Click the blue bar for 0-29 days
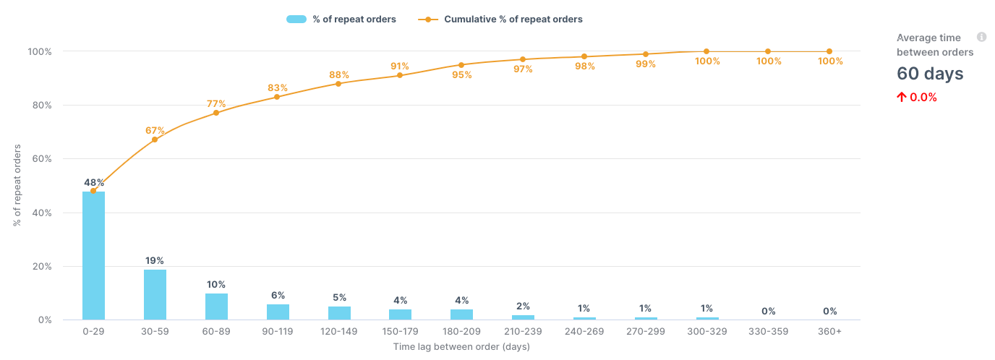point(93,255)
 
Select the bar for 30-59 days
point(155,294)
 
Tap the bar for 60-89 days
point(216,307)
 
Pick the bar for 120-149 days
point(339,313)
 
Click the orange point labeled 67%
point(155,140)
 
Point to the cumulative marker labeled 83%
point(277,97)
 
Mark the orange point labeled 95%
point(461,65)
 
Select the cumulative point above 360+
point(829,51)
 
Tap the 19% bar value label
point(155,260)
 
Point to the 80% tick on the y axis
point(60,106)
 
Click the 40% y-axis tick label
point(60,213)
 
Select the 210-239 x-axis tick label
point(523,331)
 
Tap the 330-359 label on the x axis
point(768,331)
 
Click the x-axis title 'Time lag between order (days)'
point(461,347)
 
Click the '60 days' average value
point(930,74)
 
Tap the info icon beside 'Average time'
point(981,37)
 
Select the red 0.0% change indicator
point(917,98)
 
